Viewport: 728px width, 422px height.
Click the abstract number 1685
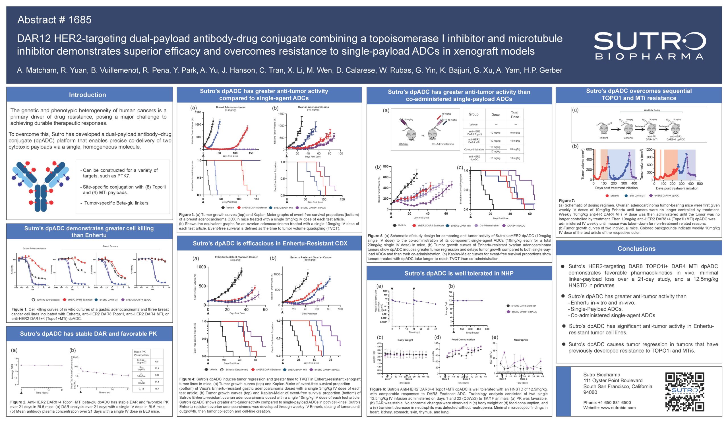pyautogui.click(x=54, y=20)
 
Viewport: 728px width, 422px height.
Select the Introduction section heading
pyautogui.click(x=87, y=95)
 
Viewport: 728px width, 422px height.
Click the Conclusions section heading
pyautogui.click(x=636, y=249)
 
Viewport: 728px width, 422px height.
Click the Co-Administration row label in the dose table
pyautogui.click(x=474, y=149)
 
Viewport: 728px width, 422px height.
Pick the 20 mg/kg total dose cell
pyautogui.click(x=514, y=149)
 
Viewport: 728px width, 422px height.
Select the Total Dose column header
pyautogui.click(x=514, y=115)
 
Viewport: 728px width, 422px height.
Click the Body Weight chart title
pyautogui.click(x=405, y=340)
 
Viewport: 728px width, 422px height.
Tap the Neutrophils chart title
pyautogui.click(x=521, y=340)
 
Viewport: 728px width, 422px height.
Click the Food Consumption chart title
pyautogui.click(x=463, y=340)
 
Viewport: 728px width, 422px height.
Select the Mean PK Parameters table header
pyautogui.click(x=141, y=353)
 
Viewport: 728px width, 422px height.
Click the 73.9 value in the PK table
pyautogui.click(x=157, y=368)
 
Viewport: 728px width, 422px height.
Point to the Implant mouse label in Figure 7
pyautogui.click(x=603, y=138)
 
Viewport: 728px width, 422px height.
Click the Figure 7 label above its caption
pyautogui.click(x=567, y=200)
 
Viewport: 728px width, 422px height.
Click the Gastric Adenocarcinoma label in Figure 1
pyautogui.click(x=34, y=249)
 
